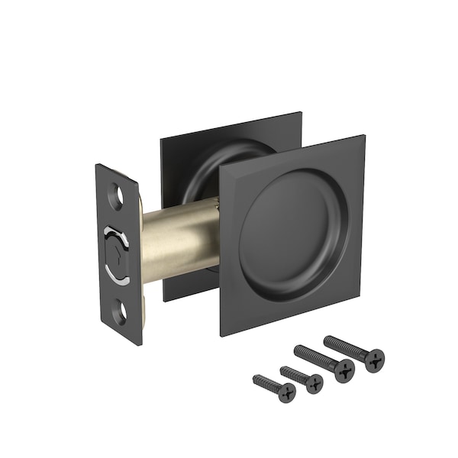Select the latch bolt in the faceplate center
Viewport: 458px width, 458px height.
coord(118,252)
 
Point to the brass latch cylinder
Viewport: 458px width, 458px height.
coord(179,237)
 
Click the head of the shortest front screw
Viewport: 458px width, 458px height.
coord(285,392)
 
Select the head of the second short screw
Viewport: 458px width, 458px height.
coord(314,382)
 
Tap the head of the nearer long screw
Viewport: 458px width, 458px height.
coord(345,370)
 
